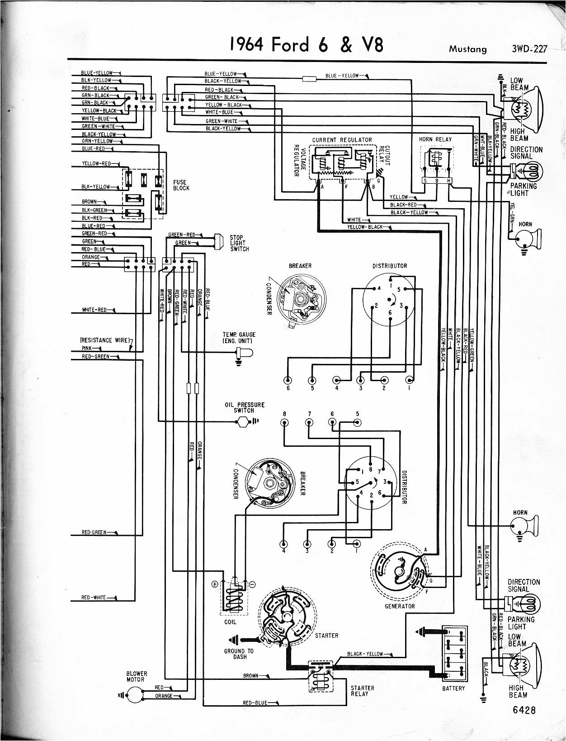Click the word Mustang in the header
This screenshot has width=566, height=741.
tap(468, 49)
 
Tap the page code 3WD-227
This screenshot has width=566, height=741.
tap(528, 48)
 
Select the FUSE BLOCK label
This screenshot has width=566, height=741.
tap(181, 185)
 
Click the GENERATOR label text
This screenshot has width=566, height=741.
tap(400, 606)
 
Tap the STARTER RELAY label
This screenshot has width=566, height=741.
tap(363, 691)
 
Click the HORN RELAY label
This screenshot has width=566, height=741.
tap(435, 139)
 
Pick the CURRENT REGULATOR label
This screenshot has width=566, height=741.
tap(342, 140)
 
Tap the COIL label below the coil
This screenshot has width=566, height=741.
tap(230, 622)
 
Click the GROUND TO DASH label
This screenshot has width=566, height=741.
tap(239, 654)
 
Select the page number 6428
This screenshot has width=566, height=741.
tap(524, 710)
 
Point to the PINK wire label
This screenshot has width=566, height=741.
tap(87, 348)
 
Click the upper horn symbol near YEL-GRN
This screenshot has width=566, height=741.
tap(527, 238)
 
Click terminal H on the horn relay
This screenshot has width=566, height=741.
tap(449, 181)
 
